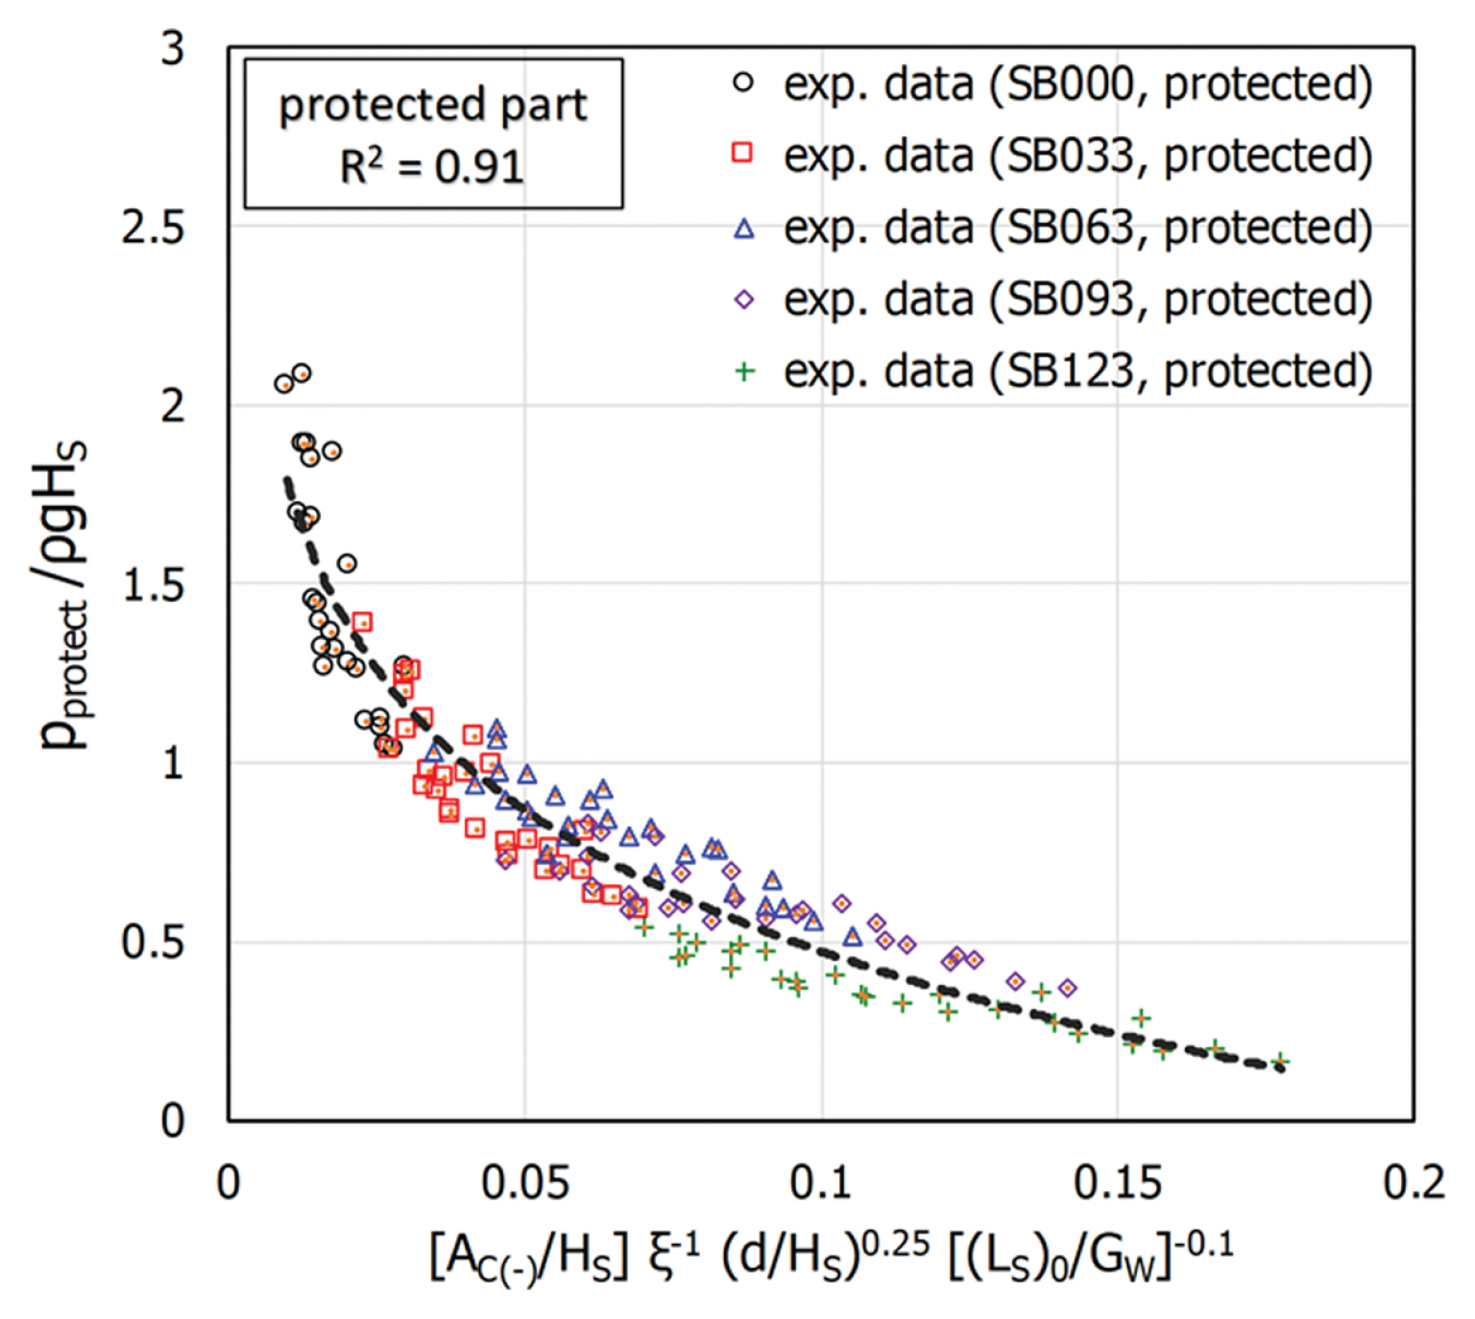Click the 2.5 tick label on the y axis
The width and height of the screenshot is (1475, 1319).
pos(153,228)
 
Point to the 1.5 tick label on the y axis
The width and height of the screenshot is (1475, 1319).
pos(153,584)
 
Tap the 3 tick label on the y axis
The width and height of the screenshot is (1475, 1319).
pos(173,48)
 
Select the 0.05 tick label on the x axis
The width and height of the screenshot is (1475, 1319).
pos(525,1183)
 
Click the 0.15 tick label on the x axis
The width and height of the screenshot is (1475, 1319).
pos(1118,1183)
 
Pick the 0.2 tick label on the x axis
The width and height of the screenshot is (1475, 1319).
pos(1414,1183)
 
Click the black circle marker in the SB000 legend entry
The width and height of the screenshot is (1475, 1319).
pos(743,83)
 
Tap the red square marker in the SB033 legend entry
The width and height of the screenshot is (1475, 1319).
pos(742,153)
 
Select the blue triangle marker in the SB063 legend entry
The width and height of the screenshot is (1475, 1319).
pos(743,228)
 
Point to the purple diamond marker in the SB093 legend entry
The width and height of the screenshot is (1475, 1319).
pos(743,300)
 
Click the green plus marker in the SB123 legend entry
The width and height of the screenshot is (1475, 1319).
pos(744,372)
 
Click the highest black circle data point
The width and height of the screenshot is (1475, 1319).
pos(302,373)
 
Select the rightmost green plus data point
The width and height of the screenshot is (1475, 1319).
pos(1279,1061)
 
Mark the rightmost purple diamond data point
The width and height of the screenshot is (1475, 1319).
pos(1067,988)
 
